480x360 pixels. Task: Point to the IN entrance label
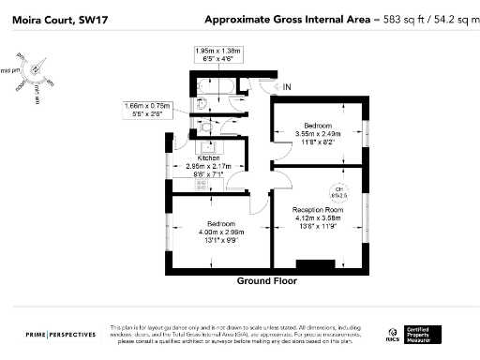coord(288,87)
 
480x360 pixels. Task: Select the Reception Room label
coord(317,209)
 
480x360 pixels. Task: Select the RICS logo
coord(393,334)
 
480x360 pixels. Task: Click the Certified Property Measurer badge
coord(426,334)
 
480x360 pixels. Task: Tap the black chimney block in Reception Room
coord(308,265)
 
